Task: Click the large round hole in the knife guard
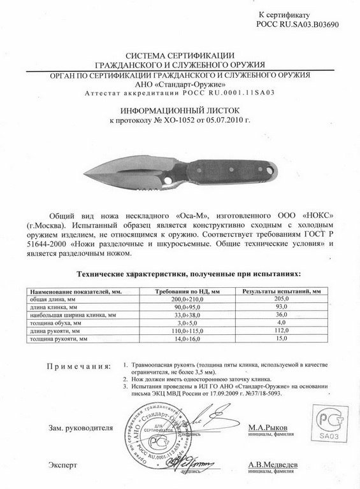point(168,180)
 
